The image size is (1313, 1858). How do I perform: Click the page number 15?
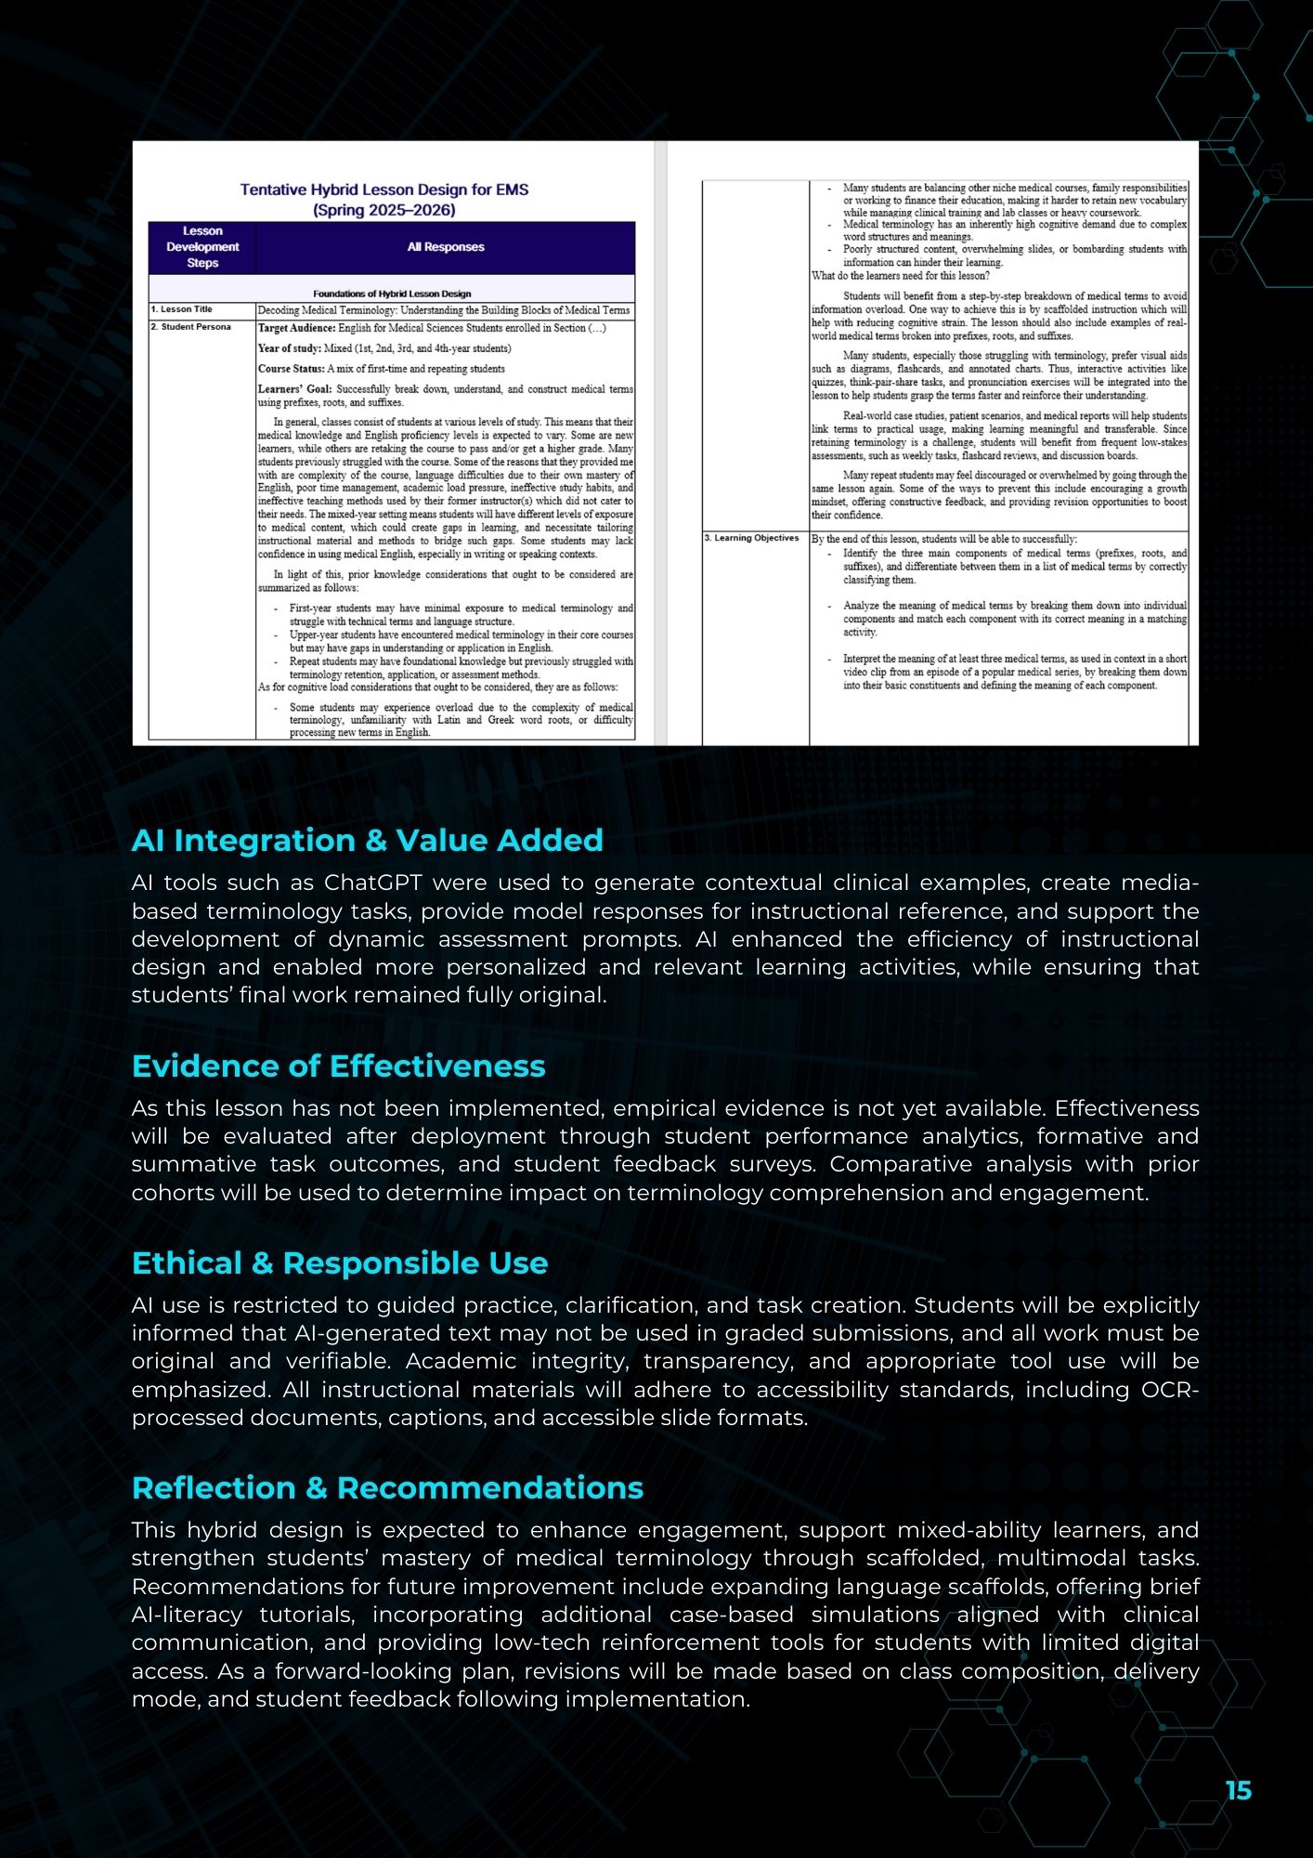coord(1238,1790)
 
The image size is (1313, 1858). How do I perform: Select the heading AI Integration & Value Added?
coord(367,840)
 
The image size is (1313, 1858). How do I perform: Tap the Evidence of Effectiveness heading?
coord(338,1066)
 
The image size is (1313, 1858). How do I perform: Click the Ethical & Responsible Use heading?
coord(339,1263)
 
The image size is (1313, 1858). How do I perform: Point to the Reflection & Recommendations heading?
coord(387,1487)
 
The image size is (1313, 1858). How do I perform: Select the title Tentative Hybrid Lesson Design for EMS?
coord(383,190)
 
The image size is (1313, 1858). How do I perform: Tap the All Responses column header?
coord(446,247)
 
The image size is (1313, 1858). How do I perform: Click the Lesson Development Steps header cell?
coord(202,247)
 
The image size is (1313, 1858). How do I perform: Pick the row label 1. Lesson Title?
coord(182,309)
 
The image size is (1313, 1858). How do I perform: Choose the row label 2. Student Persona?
coord(191,327)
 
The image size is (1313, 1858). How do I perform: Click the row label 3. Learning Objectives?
coord(751,538)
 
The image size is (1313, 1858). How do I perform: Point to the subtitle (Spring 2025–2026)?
coord(383,210)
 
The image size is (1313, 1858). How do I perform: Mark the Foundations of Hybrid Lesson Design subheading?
coord(392,294)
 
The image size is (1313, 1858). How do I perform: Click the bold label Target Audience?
coord(296,328)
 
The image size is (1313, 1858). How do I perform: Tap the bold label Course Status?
coord(291,369)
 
